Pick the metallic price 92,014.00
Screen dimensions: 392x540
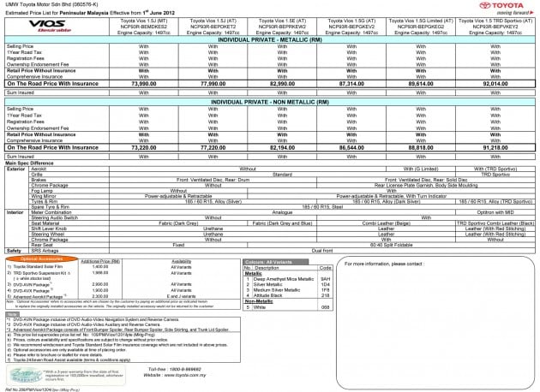497,85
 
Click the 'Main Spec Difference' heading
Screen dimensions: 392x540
31,162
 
